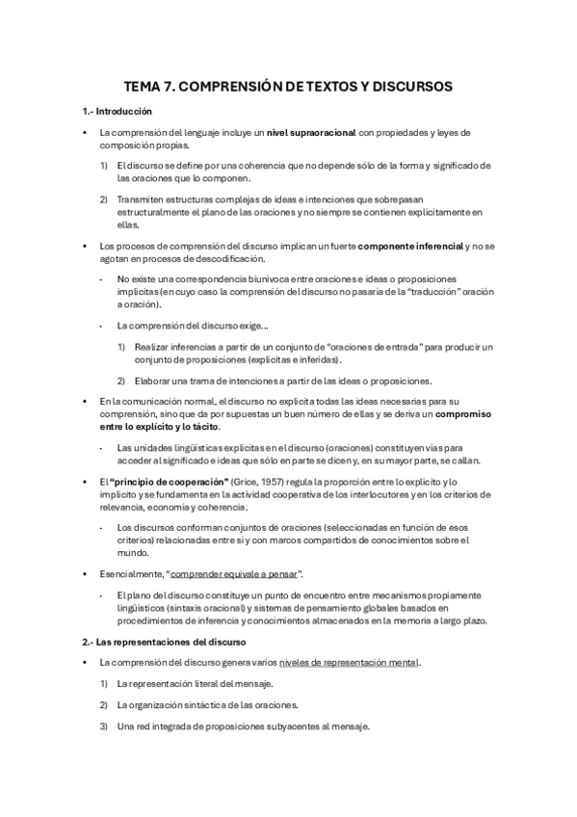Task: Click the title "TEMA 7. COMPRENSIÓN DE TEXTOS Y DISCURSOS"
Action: click(x=288, y=86)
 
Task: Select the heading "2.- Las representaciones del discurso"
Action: click(x=165, y=641)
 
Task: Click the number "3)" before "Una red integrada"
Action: click(x=104, y=725)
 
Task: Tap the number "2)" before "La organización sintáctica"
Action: click(x=104, y=705)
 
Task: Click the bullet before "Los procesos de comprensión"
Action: click(x=86, y=248)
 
